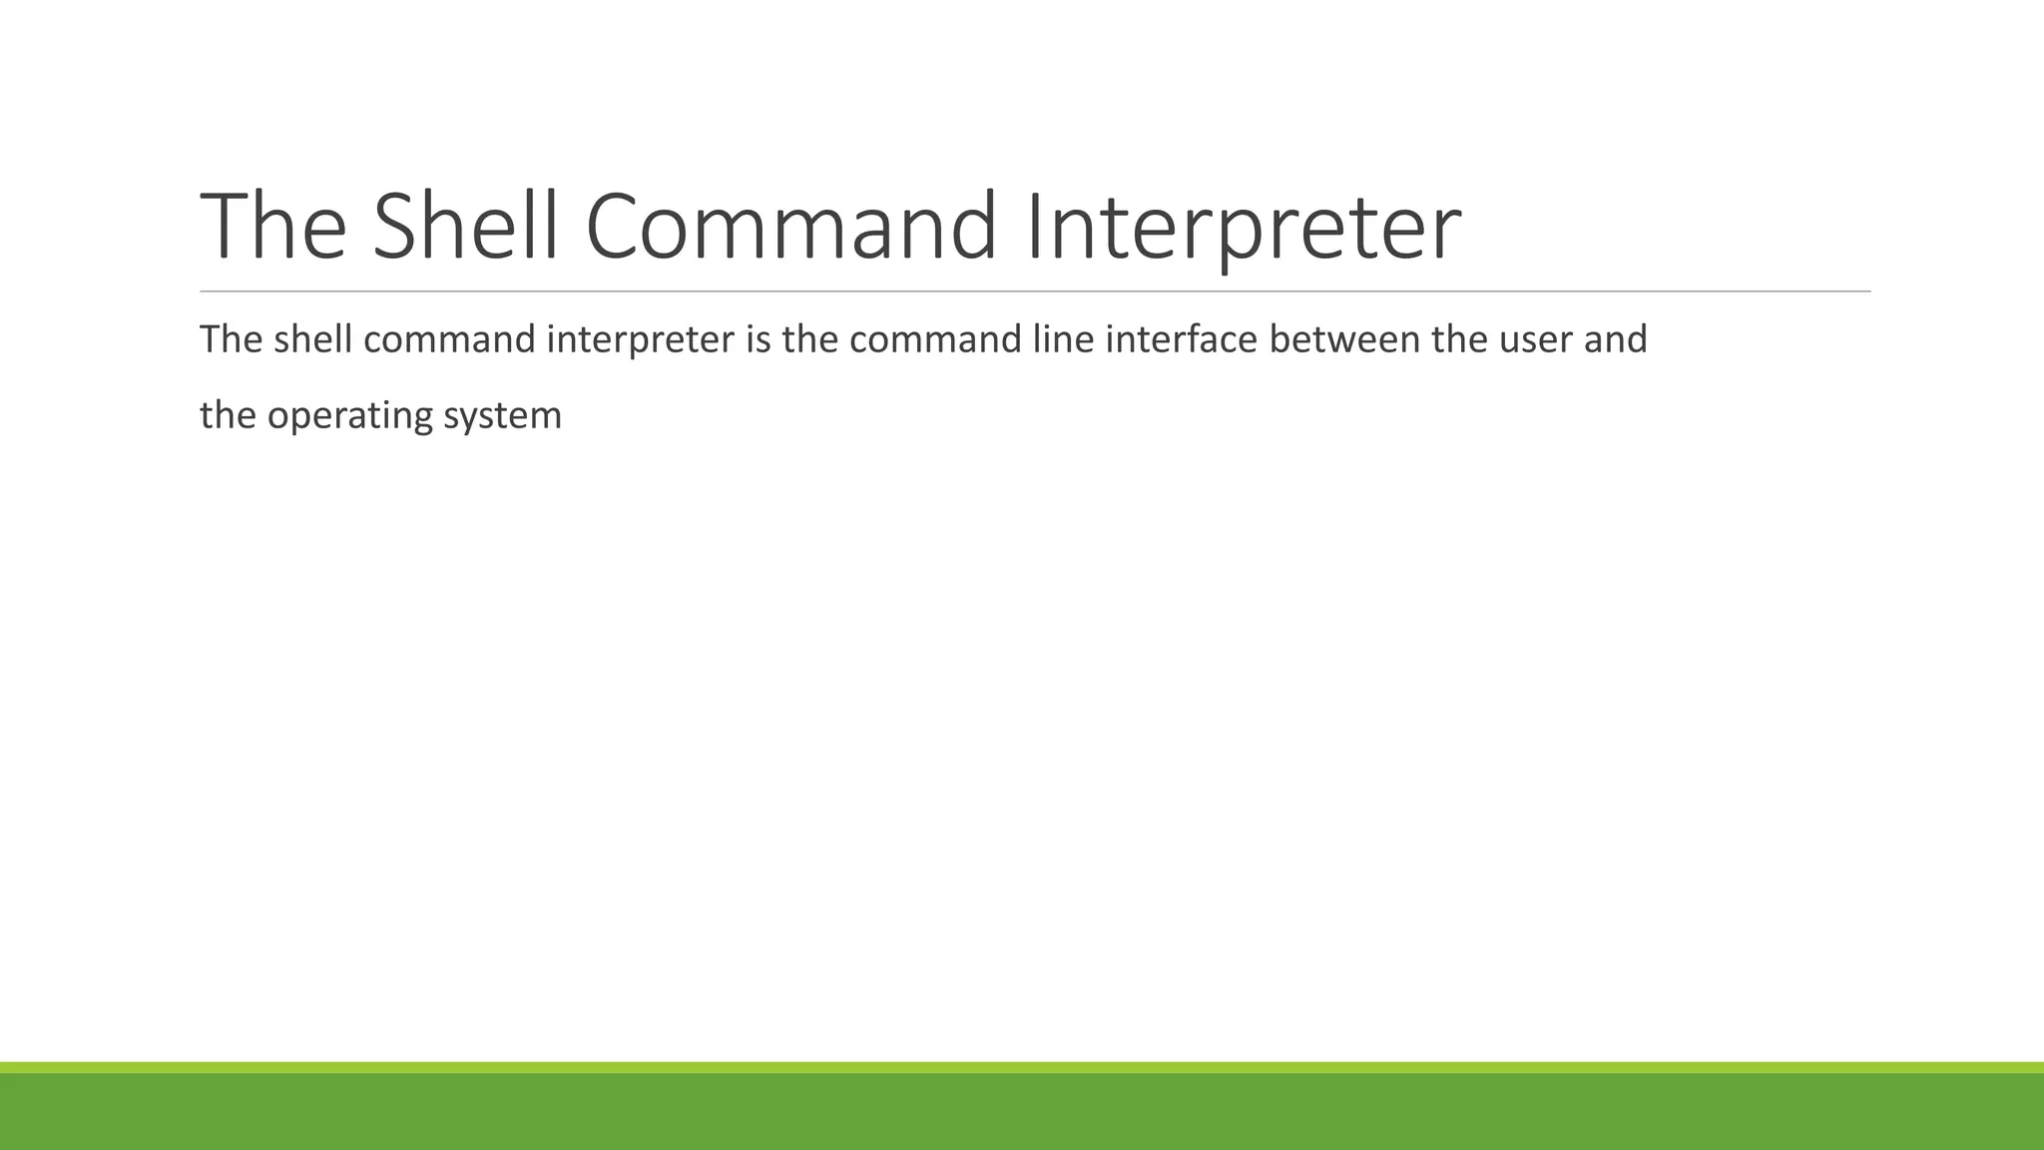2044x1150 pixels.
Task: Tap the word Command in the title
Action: (x=789, y=227)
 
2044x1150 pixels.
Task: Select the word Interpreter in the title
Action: (x=1243, y=227)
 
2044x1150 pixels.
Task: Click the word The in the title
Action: (x=273, y=227)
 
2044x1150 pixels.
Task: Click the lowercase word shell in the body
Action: (x=312, y=340)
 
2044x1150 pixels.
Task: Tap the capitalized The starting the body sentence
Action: (x=231, y=340)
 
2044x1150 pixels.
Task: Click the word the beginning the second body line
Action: (x=228, y=416)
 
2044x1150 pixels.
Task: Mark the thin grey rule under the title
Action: (x=1034, y=291)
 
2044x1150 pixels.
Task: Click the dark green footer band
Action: (x=1022, y=1112)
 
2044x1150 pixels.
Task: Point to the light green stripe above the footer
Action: (x=1022, y=1067)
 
